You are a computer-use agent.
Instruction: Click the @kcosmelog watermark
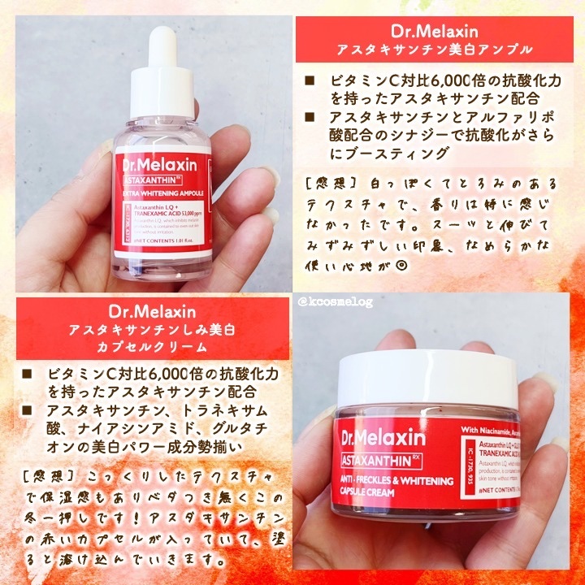click(x=335, y=303)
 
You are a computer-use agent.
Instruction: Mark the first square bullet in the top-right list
click(x=310, y=83)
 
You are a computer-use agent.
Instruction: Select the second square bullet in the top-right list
click(x=310, y=119)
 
